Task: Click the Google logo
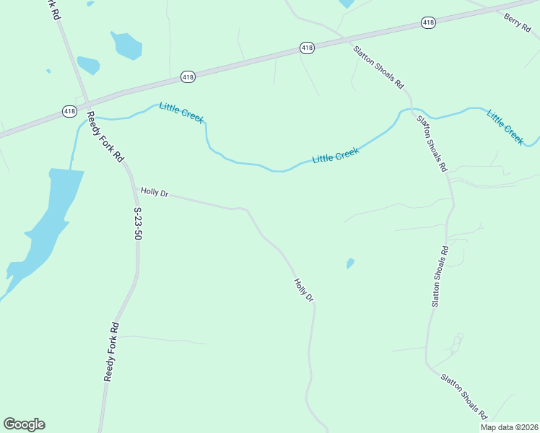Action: (x=24, y=424)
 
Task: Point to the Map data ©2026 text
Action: (x=509, y=427)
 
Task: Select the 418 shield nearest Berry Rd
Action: (x=428, y=23)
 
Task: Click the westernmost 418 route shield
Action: (x=69, y=111)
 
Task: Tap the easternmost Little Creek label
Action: (x=505, y=127)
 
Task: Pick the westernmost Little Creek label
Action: (x=181, y=113)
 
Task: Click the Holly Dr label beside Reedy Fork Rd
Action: (x=154, y=192)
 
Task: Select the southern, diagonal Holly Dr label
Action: (x=304, y=290)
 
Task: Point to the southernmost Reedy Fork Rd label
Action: (x=110, y=352)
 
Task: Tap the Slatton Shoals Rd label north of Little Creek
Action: (x=378, y=66)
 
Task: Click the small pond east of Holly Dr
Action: (x=350, y=263)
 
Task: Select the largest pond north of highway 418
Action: (x=126, y=45)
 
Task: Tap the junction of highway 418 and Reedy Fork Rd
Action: (x=86, y=103)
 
